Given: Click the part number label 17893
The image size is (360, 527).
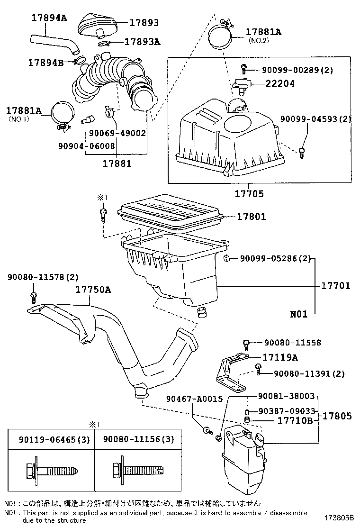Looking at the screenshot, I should click(x=144, y=23).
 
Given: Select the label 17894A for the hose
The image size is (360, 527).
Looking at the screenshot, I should click(x=49, y=18).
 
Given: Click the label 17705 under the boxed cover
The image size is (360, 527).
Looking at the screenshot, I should click(x=249, y=193).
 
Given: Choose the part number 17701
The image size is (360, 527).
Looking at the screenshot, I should click(x=335, y=286).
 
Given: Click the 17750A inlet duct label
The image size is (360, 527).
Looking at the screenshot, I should click(x=93, y=290).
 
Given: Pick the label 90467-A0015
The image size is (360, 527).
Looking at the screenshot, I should click(x=194, y=400).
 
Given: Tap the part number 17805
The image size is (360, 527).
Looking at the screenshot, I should click(x=337, y=416).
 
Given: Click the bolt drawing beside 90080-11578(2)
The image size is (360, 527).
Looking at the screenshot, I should click(x=34, y=297).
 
